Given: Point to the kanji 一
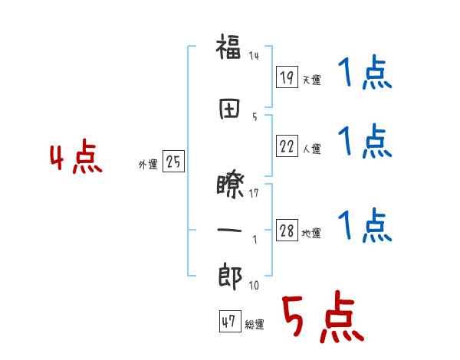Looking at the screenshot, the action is (x=229, y=229).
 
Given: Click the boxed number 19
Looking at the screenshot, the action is (x=287, y=77).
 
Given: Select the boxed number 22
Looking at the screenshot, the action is (x=287, y=146).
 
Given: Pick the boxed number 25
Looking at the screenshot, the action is (x=173, y=162).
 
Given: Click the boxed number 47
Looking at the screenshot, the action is (x=228, y=322).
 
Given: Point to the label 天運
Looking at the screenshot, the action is (x=311, y=80).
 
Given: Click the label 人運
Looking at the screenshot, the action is (x=311, y=148).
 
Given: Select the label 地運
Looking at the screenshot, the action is (x=311, y=234).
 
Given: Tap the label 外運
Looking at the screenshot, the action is (x=148, y=164).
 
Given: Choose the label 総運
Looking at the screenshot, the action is (x=255, y=324).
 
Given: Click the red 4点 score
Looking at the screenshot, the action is (x=75, y=159).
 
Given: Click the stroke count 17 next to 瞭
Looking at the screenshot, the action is (x=255, y=192).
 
